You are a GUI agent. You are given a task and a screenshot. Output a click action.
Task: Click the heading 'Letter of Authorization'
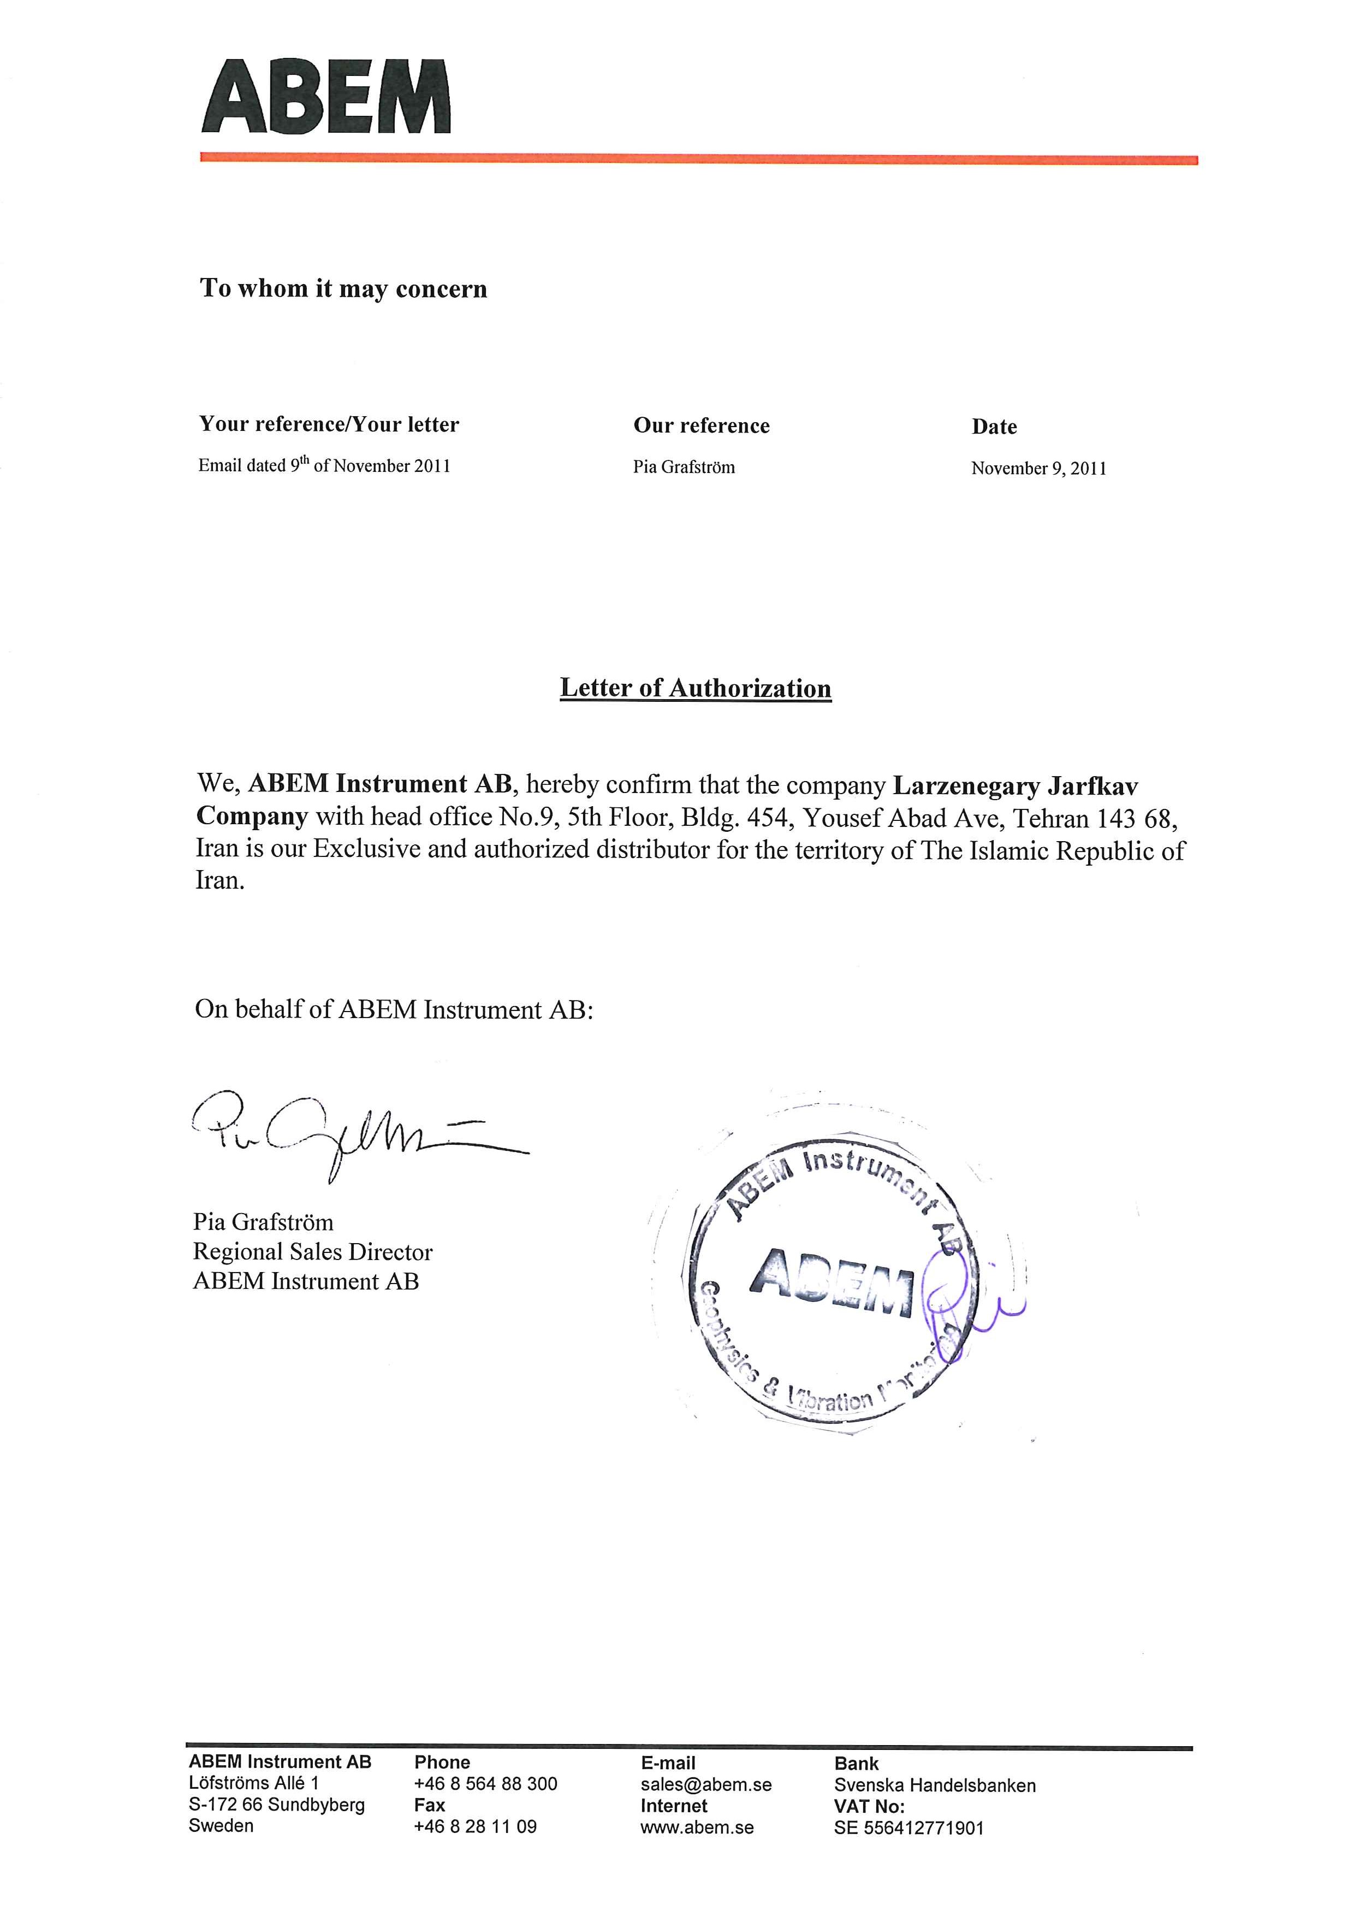click(695, 688)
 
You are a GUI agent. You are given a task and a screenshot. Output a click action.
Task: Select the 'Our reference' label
click(701, 425)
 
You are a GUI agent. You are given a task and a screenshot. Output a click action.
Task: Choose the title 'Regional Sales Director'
click(313, 1252)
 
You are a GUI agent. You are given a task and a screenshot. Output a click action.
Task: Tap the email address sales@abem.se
click(706, 1784)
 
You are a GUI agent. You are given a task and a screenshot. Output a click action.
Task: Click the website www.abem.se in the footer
click(697, 1827)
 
